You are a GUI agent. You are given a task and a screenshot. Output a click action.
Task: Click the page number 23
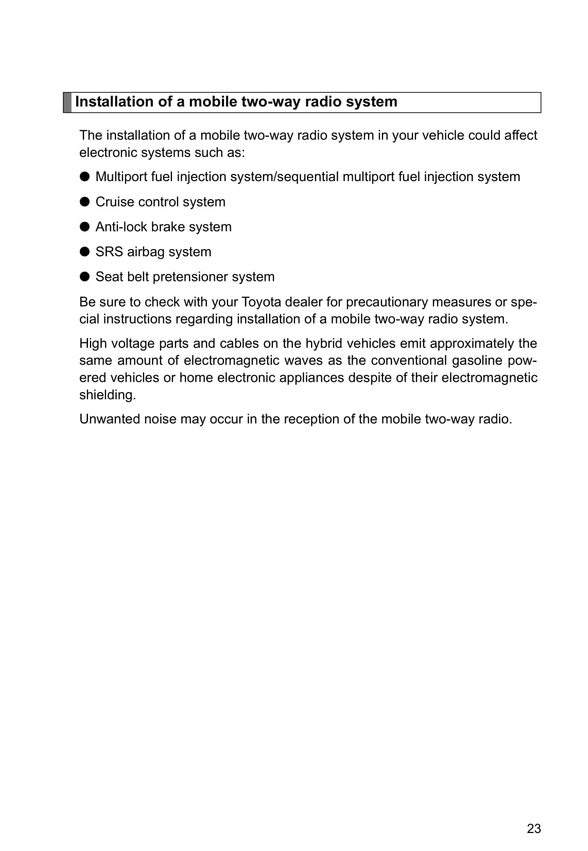tap(534, 828)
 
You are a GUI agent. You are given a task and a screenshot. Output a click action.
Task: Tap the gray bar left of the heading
tap(67, 102)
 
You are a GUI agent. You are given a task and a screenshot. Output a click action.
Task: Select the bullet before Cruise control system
tap(85, 202)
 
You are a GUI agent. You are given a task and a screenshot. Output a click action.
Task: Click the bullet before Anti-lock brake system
tap(85, 227)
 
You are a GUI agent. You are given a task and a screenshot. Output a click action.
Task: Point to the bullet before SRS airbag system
tap(85, 252)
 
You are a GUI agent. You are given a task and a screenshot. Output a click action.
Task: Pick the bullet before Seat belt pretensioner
tap(85, 277)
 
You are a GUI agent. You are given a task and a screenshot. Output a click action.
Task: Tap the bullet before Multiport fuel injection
tap(85, 177)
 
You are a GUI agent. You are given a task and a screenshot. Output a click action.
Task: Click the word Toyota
tap(261, 302)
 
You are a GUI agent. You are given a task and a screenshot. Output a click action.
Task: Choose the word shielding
tap(107, 395)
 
